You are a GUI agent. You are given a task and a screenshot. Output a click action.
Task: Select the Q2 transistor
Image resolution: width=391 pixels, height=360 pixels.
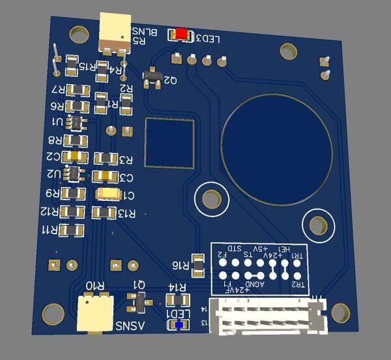[x=153, y=77]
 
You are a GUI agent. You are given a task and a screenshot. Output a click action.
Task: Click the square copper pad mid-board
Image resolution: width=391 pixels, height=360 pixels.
[x=169, y=142]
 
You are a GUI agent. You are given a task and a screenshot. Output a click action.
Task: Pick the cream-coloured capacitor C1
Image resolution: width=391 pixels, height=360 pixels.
[x=108, y=194]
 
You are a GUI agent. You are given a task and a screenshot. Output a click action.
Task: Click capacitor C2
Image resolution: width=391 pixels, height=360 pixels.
[x=78, y=157]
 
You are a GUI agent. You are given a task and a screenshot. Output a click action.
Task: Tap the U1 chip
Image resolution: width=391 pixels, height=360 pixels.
[x=78, y=122]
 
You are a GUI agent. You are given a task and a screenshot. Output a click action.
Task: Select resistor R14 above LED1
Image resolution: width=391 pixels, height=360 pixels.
[x=176, y=300]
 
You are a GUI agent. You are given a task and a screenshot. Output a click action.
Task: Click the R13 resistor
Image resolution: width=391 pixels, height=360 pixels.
[x=104, y=212]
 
